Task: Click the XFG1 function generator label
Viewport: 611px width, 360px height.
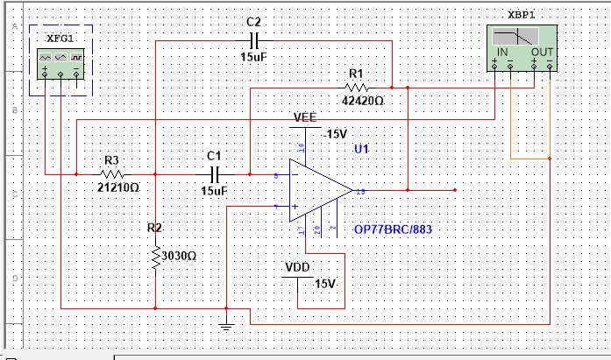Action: tap(60, 39)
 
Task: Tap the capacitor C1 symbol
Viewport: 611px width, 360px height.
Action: tap(213, 173)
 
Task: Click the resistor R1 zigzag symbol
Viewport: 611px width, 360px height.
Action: tap(356, 88)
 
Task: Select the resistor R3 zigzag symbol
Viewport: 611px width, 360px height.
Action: tap(112, 173)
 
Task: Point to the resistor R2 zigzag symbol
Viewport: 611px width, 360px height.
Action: tap(155, 256)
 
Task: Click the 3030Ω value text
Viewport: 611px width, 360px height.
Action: tap(179, 256)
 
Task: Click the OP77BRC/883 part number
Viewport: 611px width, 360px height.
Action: tap(393, 229)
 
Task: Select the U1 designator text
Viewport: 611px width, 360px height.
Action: tap(362, 150)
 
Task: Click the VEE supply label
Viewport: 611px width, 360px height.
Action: tap(305, 117)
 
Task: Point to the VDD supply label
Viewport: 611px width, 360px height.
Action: tap(298, 267)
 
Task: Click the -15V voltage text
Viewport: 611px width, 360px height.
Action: tap(335, 134)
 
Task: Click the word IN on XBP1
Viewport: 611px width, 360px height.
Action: tap(504, 53)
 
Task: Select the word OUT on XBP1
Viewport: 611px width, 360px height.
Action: tap(543, 53)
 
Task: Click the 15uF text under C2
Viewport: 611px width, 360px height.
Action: tap(254, 57)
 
